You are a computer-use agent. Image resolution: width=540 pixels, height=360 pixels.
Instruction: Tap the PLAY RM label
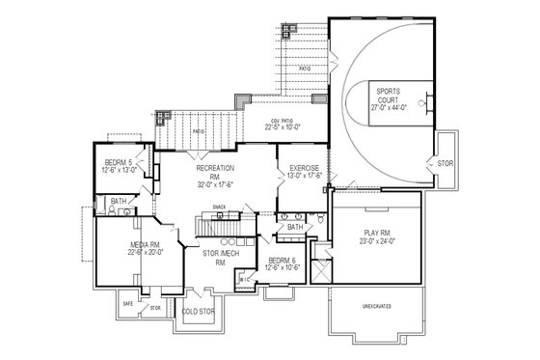[377, 232]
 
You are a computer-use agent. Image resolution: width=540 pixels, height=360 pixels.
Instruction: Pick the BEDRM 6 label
[279, 261]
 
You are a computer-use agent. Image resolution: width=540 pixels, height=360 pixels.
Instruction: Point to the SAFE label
[127, 302]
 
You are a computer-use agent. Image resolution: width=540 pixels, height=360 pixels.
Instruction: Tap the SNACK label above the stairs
[219, 207]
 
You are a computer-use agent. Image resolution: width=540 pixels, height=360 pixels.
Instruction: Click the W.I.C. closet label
[244, 281]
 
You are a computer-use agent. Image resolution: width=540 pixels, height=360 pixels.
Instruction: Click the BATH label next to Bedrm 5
[118, 202]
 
